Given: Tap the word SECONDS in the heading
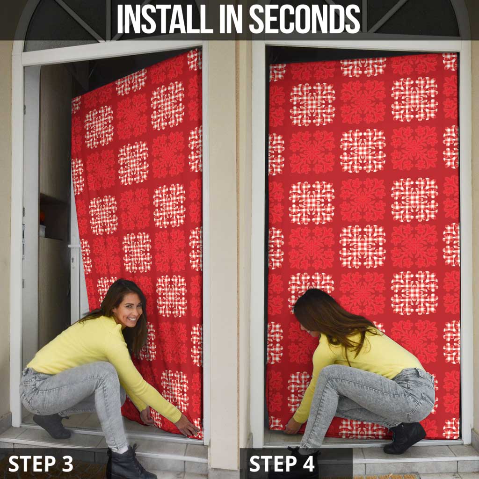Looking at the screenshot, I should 305,20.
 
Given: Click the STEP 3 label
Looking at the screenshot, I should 41,464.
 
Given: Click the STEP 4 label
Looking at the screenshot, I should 283,464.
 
